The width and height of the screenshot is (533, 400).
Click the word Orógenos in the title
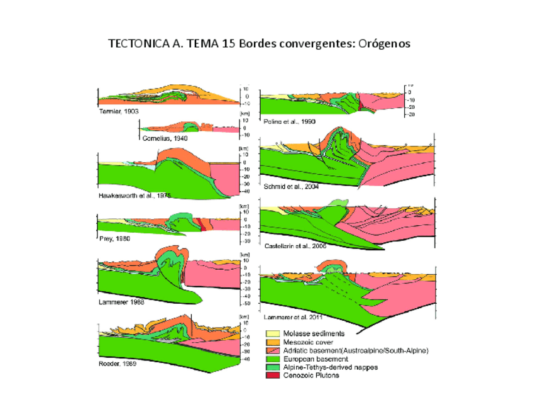[x=384, y=44]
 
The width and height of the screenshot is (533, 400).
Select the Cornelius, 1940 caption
[x=165, y=138]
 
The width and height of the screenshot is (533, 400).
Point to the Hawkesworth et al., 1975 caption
[x=134, y=196]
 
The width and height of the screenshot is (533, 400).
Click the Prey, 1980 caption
[x=114, y=238]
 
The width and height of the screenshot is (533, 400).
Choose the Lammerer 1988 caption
[x=122, y=303]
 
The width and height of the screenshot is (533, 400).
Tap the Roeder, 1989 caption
[x=118, y=364]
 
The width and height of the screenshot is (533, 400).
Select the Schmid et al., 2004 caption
[x=292, y=187]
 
